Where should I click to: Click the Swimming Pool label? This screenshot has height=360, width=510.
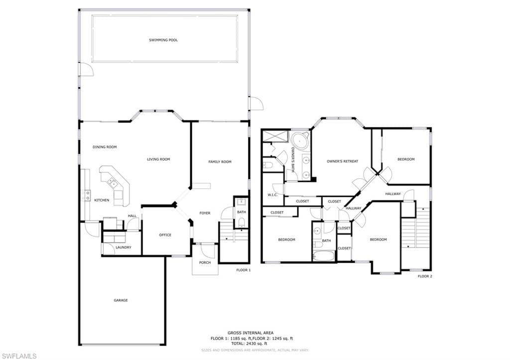click(x=163, y=40)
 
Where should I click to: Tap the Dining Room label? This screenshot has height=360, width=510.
click(x=105, y=147)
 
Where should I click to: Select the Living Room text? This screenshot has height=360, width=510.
click(x=158, y=159)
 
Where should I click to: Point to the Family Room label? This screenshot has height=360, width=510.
click(x=220, y=162)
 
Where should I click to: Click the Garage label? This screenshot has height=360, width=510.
click(x=121, y=300)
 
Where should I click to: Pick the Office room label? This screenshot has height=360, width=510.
click(x=165, y=235)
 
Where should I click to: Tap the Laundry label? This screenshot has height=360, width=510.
click(x=124, y=247)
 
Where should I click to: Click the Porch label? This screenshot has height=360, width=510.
click(x=205, y=262)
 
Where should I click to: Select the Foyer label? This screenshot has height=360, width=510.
click(x=205, y=213)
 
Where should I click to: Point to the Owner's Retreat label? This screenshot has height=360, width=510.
click(x=343, y=161)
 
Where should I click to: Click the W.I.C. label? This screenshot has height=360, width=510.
click(x=272, y=195)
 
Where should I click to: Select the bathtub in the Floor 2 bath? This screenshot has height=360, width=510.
click(x=323, y=255)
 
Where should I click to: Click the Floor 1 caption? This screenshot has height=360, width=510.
click(x=244, y=270)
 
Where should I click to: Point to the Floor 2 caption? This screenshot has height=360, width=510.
click(x=425, y=276)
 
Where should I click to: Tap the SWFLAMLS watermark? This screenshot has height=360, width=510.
click(x=19, y=356)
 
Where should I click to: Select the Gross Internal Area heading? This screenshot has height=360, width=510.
click(x=251, y=333)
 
